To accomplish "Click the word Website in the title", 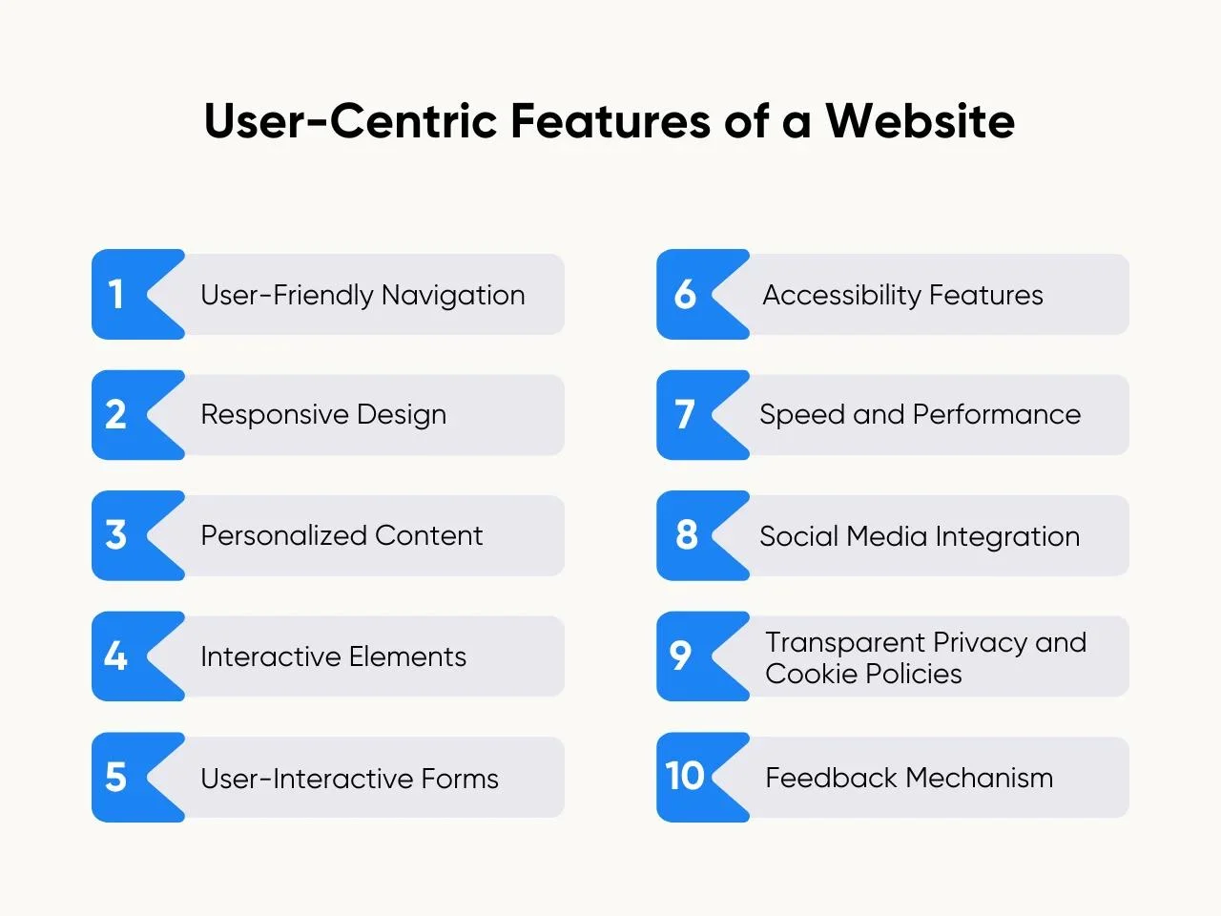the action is (x=921, y=120).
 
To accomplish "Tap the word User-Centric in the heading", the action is (x=350, y=120).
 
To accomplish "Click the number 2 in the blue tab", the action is (x=115, y=414).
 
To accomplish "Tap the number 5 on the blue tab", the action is (x=115, y=777).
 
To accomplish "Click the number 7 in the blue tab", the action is (x=685, y=414).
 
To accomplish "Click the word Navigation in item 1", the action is (x=453, y=296).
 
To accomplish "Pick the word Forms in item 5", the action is (x=460, y=778).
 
